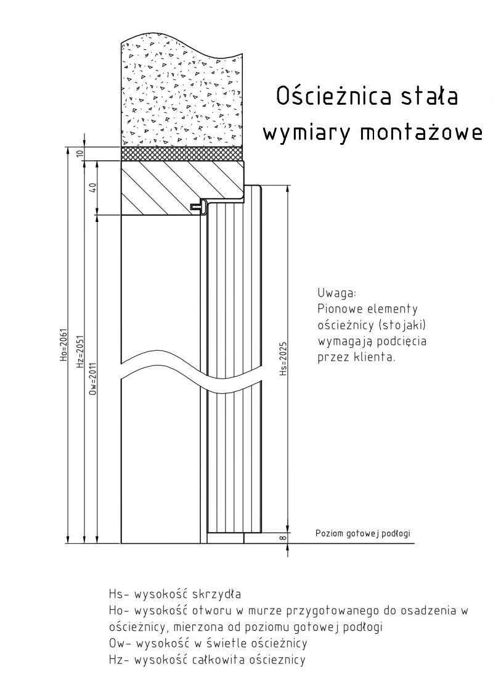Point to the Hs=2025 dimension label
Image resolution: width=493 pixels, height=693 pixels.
pyautogui.click(x=283, y=358)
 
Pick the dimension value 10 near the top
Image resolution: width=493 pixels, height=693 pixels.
pyautogui.click(x=79, y=153)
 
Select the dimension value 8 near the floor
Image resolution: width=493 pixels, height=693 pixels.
pyautogui.click(x=283, y=538)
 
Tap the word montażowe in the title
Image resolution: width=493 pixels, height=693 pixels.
pyautogui.click(x=422, y=132)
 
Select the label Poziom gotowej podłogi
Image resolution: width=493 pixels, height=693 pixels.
pyautogui.click(x=363, y=533)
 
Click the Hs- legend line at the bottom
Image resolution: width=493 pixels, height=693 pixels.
pyautogui.click(x=174, y=593)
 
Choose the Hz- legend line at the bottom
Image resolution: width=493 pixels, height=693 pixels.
pyautogui.click(x=206, y=660)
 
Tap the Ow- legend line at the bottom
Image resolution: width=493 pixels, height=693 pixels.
pyautogui.click(x=208, y=643)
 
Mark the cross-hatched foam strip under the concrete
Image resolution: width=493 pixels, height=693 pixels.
pyautogui.click(x=182, y=153)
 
